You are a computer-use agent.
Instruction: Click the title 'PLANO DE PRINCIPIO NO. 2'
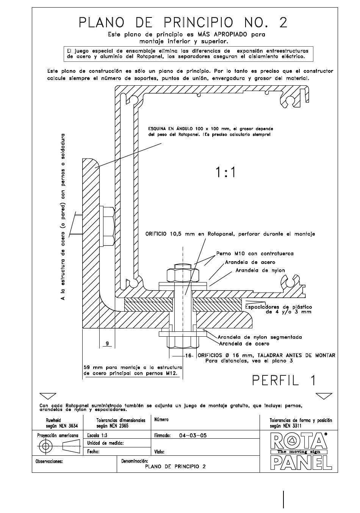tap(183, 22)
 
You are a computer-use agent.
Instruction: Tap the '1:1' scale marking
tap(225, 172)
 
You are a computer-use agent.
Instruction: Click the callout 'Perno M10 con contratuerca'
tap(255, 254)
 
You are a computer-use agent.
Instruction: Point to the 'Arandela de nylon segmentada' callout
tap(260, 337)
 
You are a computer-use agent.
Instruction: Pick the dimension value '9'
tap(107, 343)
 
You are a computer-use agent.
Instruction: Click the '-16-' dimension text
tap(189, 356)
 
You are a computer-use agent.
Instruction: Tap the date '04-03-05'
tap(193, 435)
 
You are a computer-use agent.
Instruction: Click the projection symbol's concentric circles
tap(46, 446)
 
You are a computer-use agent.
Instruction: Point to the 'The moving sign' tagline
tap(299, 452)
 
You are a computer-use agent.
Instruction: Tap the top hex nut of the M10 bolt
tap(183, 275)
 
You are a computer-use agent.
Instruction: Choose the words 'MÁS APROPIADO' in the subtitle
tap(219, 35)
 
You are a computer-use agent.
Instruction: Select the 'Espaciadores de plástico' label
tap(279, 307)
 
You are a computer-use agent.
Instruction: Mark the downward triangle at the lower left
tap(48, 396)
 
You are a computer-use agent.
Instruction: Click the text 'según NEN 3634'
tap(62, 425)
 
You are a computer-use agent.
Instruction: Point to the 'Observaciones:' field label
tap(49, 461)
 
